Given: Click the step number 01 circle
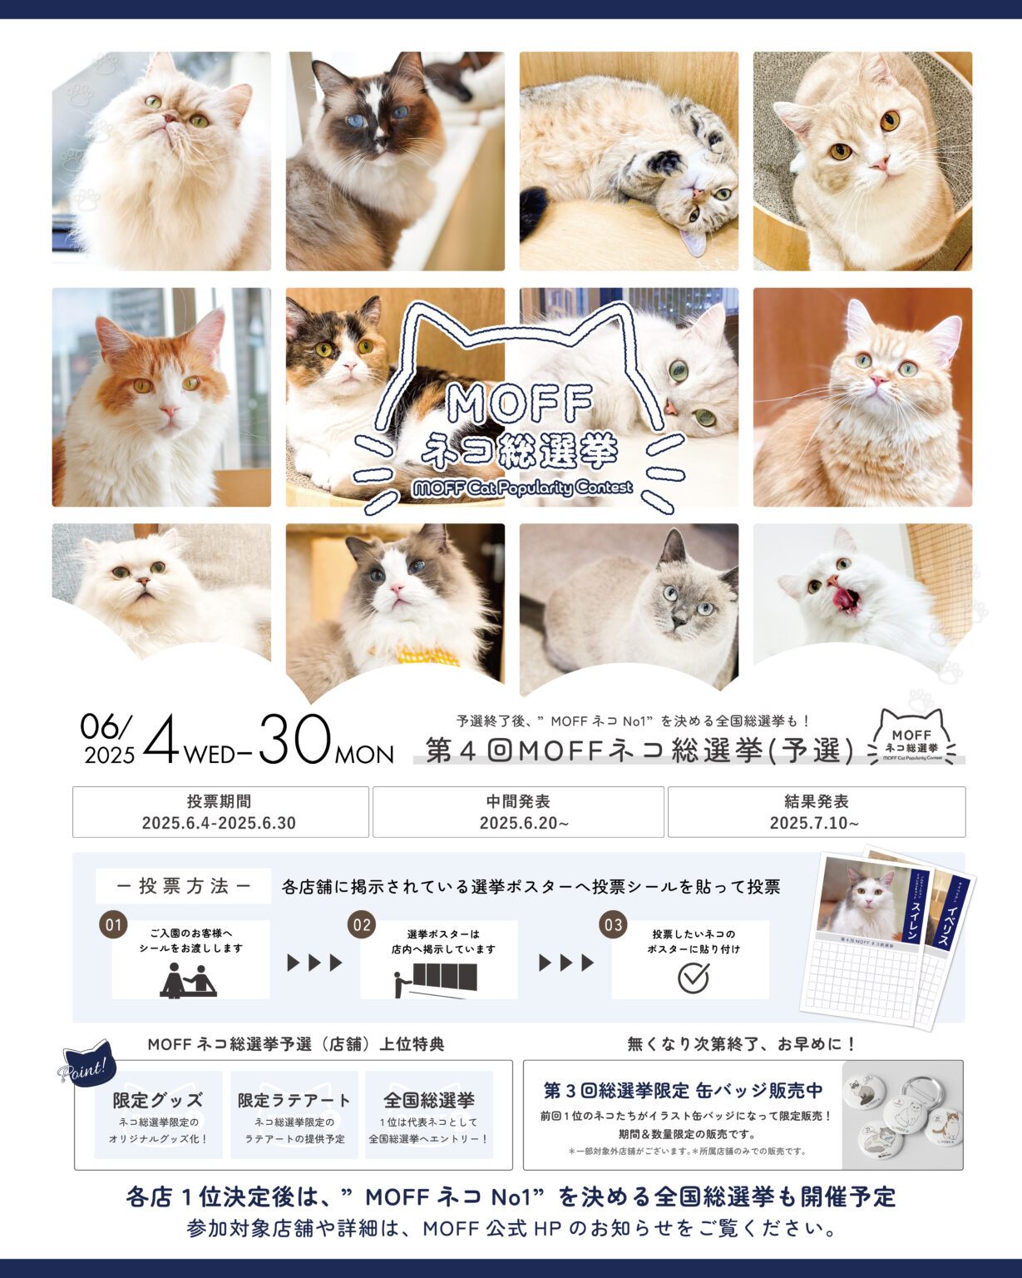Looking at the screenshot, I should (113, 924).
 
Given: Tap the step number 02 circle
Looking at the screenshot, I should (362, 924).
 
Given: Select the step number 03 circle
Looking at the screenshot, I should (613, 924).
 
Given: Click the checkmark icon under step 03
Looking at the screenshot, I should (693, 978).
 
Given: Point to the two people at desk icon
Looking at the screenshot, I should (189, 980).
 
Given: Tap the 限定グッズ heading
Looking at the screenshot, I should (158, 1100).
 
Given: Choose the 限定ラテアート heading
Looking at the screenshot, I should (294, 1100).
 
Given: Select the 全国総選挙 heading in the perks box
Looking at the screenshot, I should (429, 1100).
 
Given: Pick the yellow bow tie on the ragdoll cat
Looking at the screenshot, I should (427, 656).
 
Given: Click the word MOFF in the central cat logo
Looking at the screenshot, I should (520, 404).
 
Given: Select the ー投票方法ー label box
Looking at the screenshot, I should (183, 886).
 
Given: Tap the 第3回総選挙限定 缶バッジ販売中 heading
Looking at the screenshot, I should (683, 1090).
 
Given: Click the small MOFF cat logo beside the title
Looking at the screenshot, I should (911, 737).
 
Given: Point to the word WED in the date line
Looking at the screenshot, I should (210, 755).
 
